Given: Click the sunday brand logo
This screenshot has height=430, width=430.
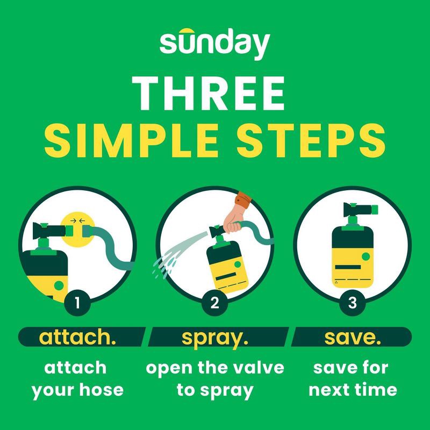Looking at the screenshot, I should pos(214,44).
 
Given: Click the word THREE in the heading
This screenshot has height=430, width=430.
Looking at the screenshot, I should pos(209,92).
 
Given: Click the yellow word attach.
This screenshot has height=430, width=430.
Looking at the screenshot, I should pos(77,338).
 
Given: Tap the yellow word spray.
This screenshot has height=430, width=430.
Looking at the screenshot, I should pos(215,338).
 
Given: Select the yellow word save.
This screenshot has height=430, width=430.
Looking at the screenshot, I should pos(353,338).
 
